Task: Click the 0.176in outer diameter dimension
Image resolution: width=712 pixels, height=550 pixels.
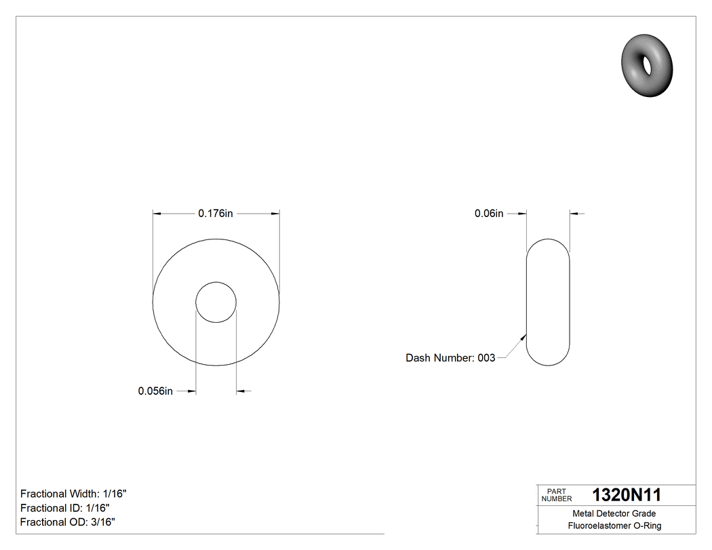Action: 216,214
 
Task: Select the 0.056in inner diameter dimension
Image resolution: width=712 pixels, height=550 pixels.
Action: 155,391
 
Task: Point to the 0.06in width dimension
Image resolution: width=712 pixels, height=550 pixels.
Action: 488,214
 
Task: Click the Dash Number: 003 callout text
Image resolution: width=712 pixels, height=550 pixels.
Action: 450,358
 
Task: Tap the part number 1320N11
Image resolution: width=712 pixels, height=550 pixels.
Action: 627,495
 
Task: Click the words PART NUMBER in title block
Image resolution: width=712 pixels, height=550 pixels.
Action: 556,495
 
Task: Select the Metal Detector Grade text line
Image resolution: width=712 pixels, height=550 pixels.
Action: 614,513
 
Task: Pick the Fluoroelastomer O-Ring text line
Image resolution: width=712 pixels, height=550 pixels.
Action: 614,526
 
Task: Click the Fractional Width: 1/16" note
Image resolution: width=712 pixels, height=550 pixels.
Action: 73,494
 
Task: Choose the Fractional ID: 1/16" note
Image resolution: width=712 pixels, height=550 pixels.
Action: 65,508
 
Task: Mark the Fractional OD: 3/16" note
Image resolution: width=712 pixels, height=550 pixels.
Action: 67,522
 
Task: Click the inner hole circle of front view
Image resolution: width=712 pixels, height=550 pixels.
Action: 216,302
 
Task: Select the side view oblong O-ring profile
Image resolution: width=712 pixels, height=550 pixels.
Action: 548,302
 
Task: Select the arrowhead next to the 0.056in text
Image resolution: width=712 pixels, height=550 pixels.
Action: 191,391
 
